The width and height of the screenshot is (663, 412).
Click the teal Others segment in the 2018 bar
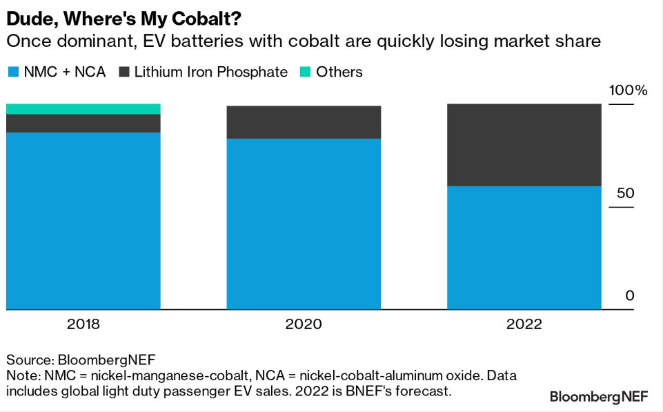tap(83, 108)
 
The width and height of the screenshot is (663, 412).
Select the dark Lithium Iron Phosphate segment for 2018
tap(83, 123)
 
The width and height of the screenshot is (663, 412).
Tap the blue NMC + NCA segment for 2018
tap(83, 221)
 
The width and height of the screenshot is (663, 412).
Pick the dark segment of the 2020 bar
tap(304, 122)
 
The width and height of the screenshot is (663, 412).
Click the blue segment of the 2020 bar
tap(304, 224)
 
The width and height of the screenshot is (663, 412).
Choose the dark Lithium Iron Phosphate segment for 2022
tap(524, 145)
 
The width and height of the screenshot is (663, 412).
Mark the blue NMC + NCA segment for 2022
tap(524, 248)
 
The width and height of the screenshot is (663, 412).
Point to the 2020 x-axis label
tap(304, 324)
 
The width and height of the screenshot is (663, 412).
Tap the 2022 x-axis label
tap(524, 324)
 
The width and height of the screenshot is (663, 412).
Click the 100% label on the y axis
tap(627, 90)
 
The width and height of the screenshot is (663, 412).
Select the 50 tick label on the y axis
tap(625, 193)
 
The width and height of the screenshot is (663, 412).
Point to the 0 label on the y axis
tap(629, 295)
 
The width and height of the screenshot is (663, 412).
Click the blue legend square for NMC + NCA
tap(12, 72)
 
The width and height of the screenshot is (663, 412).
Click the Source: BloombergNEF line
tap(81, 360)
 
